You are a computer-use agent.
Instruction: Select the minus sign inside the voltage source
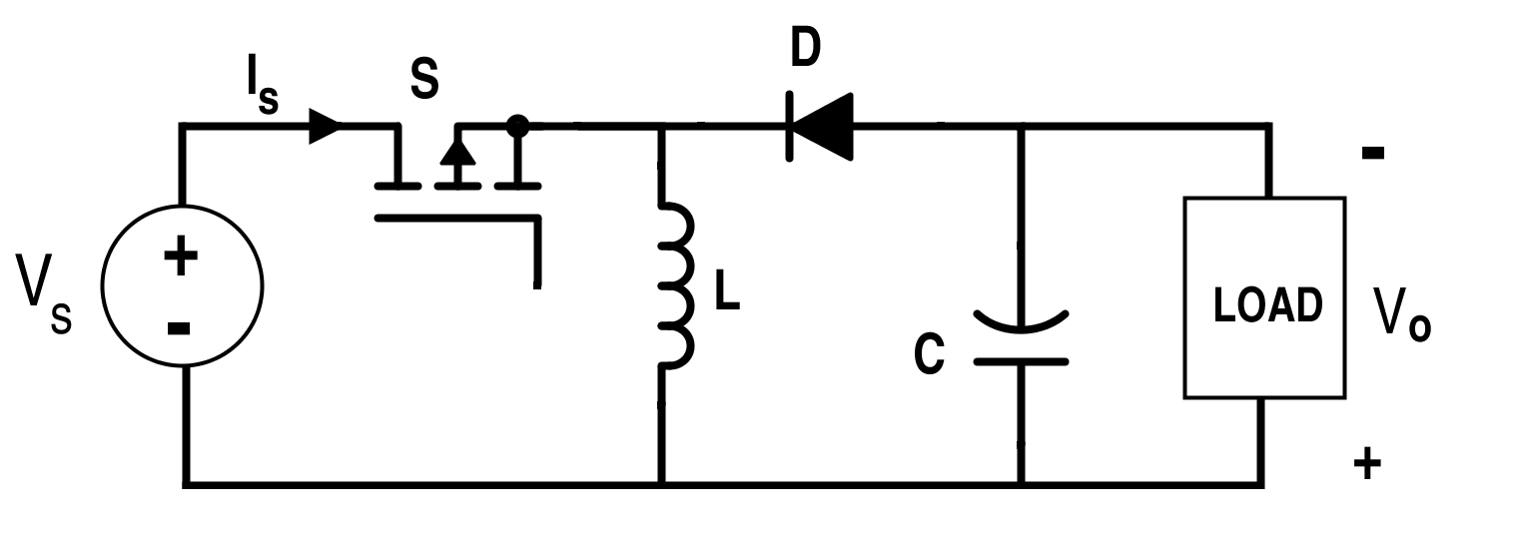[179, 327]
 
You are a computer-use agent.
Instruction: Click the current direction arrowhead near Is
[325, 127]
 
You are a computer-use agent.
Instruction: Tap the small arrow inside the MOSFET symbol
[457, 155]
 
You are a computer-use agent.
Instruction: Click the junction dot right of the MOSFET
[517, 126]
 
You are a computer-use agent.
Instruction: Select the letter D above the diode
[805, 49]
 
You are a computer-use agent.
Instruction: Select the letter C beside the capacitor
[929, 356]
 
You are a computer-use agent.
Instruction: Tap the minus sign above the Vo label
[1372, 153]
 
